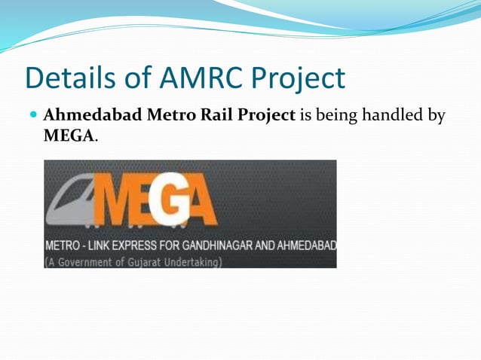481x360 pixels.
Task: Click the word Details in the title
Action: [x=71, y=79]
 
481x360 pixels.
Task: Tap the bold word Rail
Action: [x=198, y=117]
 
